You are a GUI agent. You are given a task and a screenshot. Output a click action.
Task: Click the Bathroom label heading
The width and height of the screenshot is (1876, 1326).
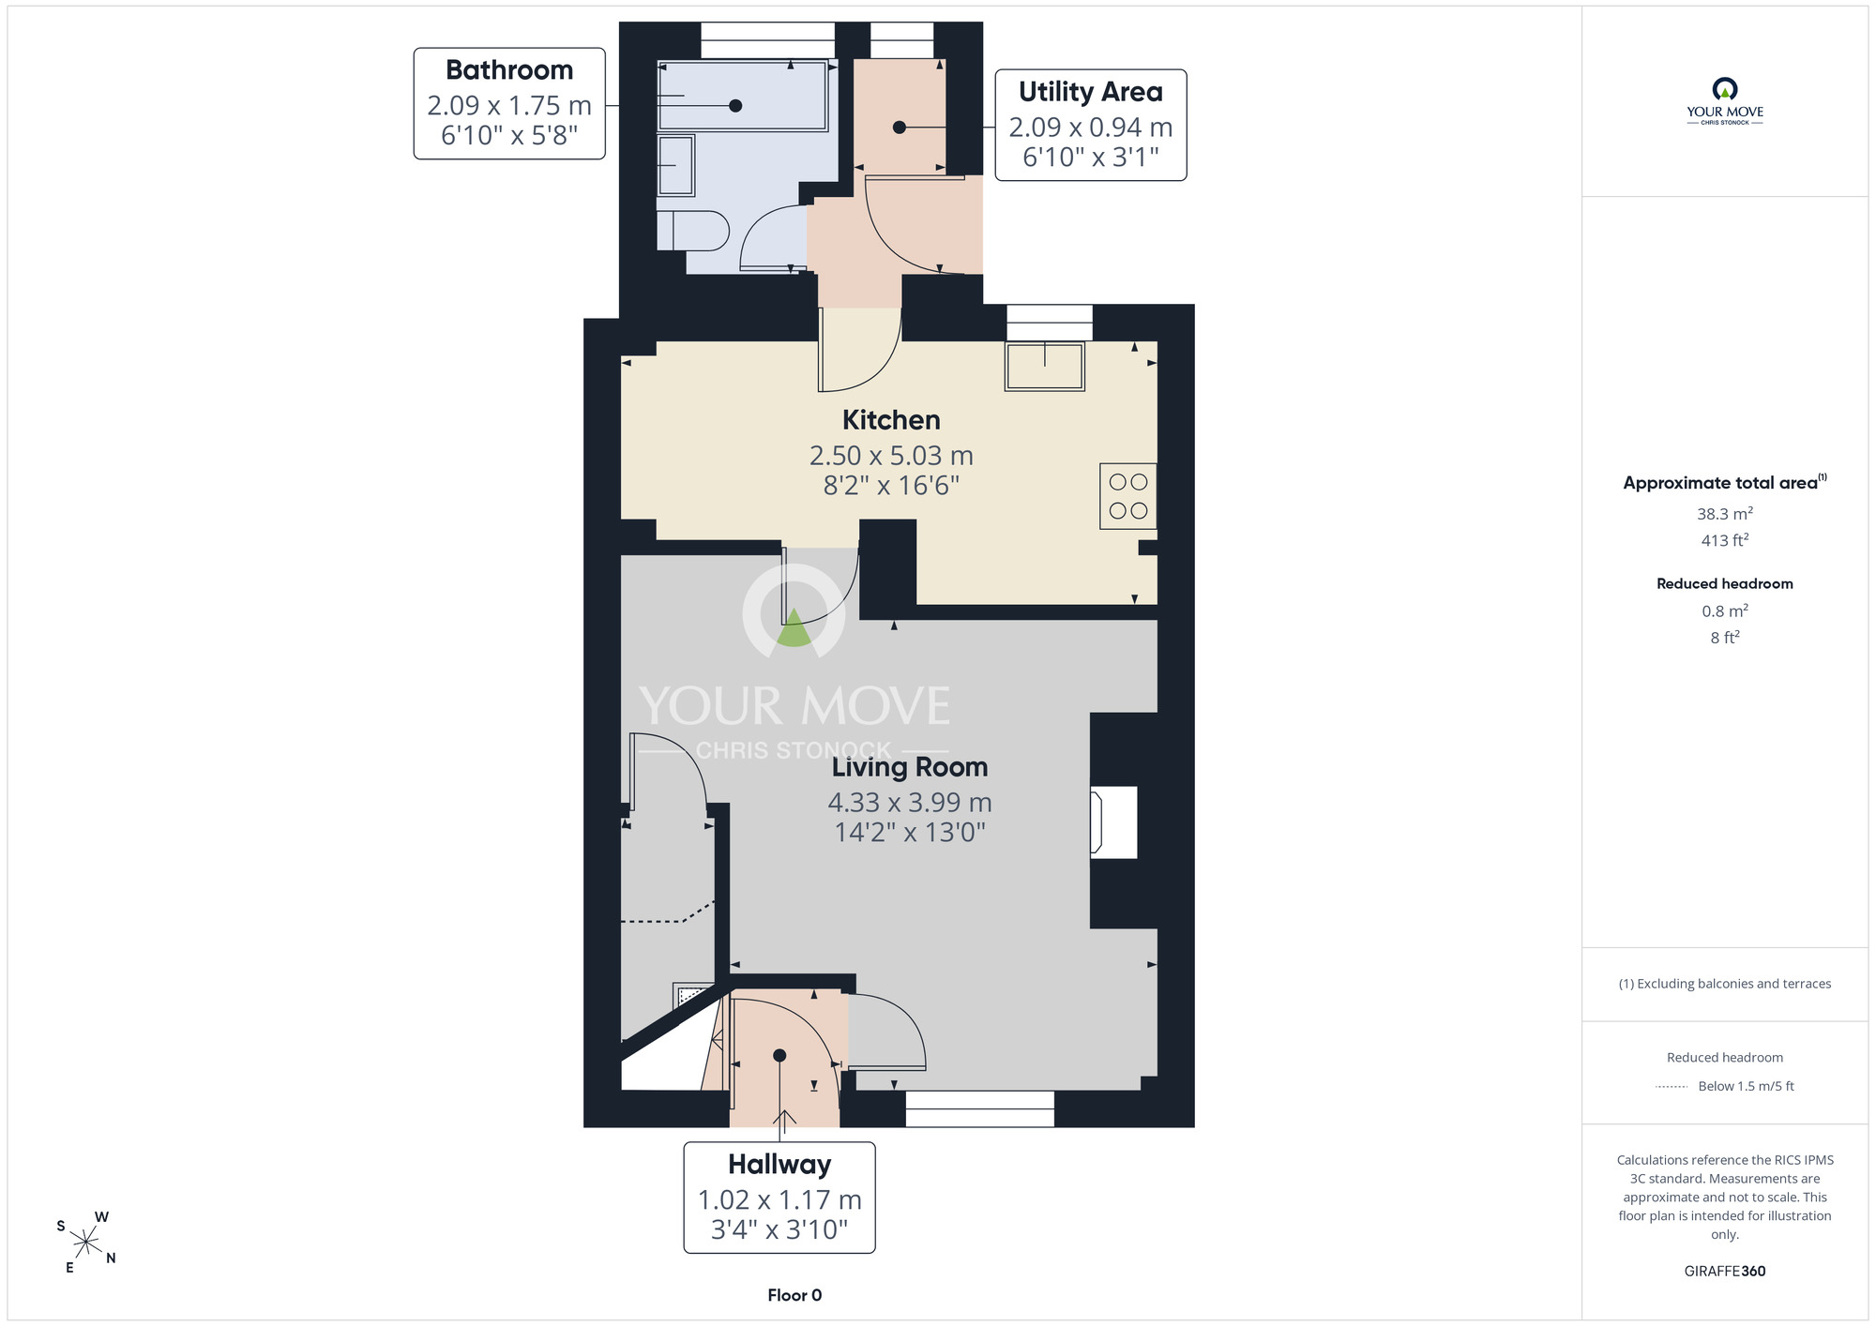tap(509, 70)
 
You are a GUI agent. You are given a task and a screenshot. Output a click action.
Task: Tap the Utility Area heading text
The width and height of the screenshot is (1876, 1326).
tap(1091, 92)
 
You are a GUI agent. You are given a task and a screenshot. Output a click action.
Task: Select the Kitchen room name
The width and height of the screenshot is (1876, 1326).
tap(891, 420)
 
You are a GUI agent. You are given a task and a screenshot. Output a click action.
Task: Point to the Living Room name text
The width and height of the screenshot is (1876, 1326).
tap(910, 767)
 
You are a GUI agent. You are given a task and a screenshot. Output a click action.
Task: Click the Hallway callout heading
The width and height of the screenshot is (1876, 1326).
tap(779, 1165)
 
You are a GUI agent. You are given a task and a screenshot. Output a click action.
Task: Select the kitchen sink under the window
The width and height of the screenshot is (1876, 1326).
tap(1045, 366)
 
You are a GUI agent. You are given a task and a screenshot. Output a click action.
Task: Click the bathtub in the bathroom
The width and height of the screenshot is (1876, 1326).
tap(742, 96)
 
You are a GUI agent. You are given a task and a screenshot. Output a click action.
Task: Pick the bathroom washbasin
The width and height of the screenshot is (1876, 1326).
tap(675, 166)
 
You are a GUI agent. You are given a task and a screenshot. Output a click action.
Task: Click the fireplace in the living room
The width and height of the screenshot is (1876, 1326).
tap(1113, 822)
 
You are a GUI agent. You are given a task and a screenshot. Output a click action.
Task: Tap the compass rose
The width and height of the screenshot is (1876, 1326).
tap(86, 1243)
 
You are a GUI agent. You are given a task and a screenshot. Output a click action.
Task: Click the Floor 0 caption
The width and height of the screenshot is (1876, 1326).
tap(794, 1295)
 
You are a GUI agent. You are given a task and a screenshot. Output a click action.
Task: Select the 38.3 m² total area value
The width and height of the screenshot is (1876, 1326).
tap(1725, 514)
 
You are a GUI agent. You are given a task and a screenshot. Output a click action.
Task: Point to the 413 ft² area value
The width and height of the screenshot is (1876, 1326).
tap(1725, 540)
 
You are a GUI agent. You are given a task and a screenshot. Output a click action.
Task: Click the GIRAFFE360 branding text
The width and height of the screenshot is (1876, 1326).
tap(1725, 1272)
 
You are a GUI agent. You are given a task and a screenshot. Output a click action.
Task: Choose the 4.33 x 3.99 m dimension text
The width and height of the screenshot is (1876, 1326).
tap(910, 803)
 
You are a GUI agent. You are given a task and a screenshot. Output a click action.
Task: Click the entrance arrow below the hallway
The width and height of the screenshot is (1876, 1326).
tap(784, 1118)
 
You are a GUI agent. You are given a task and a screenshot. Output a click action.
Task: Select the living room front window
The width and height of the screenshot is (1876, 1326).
tap(980, 1108)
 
